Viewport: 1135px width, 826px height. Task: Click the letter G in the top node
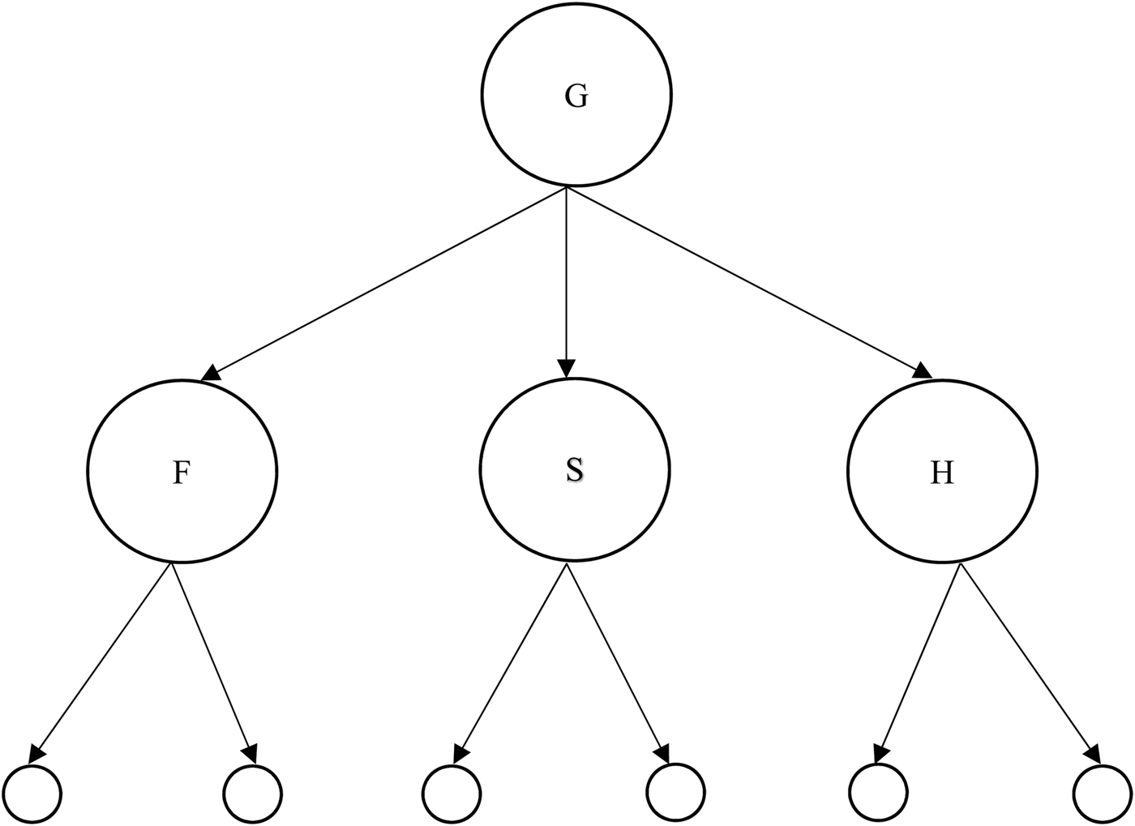576,96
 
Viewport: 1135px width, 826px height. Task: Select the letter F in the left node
181,473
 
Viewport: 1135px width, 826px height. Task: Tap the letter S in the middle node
574,470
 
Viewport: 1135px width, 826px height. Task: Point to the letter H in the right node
942,473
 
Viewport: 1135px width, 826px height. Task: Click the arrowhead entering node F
211,373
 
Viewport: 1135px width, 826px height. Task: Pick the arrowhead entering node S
567,369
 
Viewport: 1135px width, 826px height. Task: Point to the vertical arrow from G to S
567,276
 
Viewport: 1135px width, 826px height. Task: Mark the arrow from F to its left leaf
103,658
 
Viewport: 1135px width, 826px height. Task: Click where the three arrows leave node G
567,188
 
